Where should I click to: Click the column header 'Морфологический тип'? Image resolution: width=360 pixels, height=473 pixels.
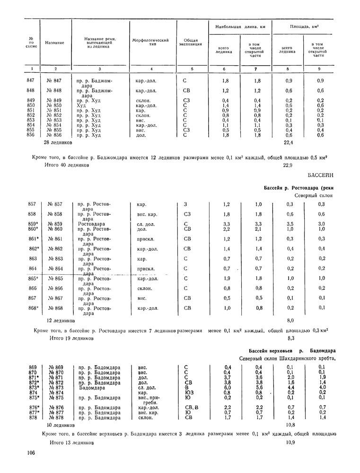pyautogui.click(x=150, y=43)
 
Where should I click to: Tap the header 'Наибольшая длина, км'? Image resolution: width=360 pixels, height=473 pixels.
pyautogui.click(x=240, y=27)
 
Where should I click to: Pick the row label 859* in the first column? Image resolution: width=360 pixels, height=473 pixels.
pyautogui.click(x=32, y=224)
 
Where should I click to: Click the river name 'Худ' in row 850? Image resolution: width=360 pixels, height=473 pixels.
pyautogui.click(x=81, y=105)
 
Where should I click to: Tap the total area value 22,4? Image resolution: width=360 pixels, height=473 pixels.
pyautogui.click(x=289, y=142)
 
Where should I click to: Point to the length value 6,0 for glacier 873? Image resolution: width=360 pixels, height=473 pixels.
pyautogui.click(x=228, y=387)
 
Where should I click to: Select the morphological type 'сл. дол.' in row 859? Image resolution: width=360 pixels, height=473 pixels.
pyautogui.click(x=145, y=224)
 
